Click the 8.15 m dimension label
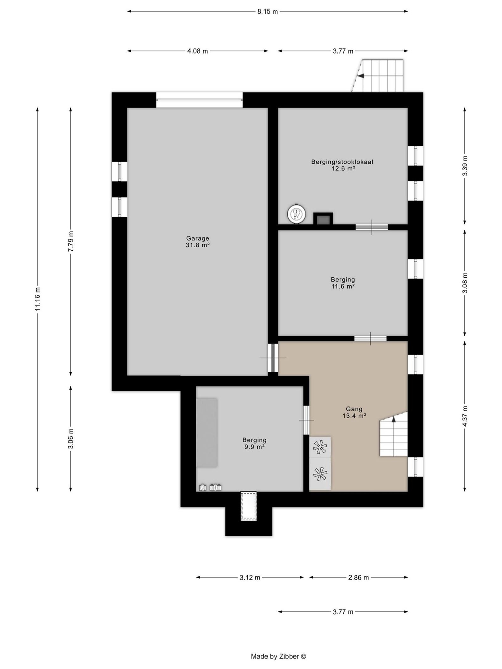pyautogui.click(x=267, y=12)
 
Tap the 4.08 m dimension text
pyautogui.click(x=197, y=51)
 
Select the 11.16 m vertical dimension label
pyautogui.click(x=38, y=299)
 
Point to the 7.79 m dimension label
pyautogui.click(x=71, y=241)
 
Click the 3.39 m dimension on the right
pyautogui.click(x=465, y=166)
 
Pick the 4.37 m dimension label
pyautogui.click(x=465, y=416)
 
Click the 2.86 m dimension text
pyautogui.click(x=358, y=577)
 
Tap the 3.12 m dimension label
pyautogui.click(x=250, y=577)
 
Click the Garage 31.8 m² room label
pyautogui.click(x=197, y=242)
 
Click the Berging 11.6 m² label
pyautogui.click(x=343, y=283)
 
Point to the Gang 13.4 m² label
pyautogui.click(x=354, y=412)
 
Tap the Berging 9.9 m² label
pyautogui.click(x=254, y=443)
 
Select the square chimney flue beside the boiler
pyautogui.click(x=323, y=219)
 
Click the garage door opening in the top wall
pyautogui.click(x=199, y=100)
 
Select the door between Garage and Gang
pyautogui.click(x=273, y=358)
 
